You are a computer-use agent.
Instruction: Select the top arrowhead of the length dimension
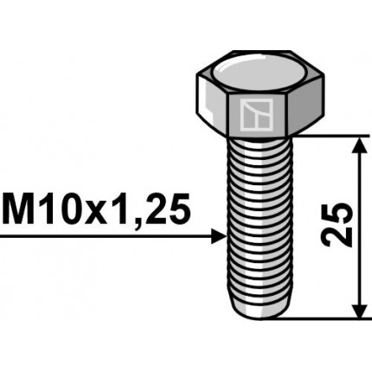click(x=357, y=144)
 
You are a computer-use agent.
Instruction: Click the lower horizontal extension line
click(x=333, y=317)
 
